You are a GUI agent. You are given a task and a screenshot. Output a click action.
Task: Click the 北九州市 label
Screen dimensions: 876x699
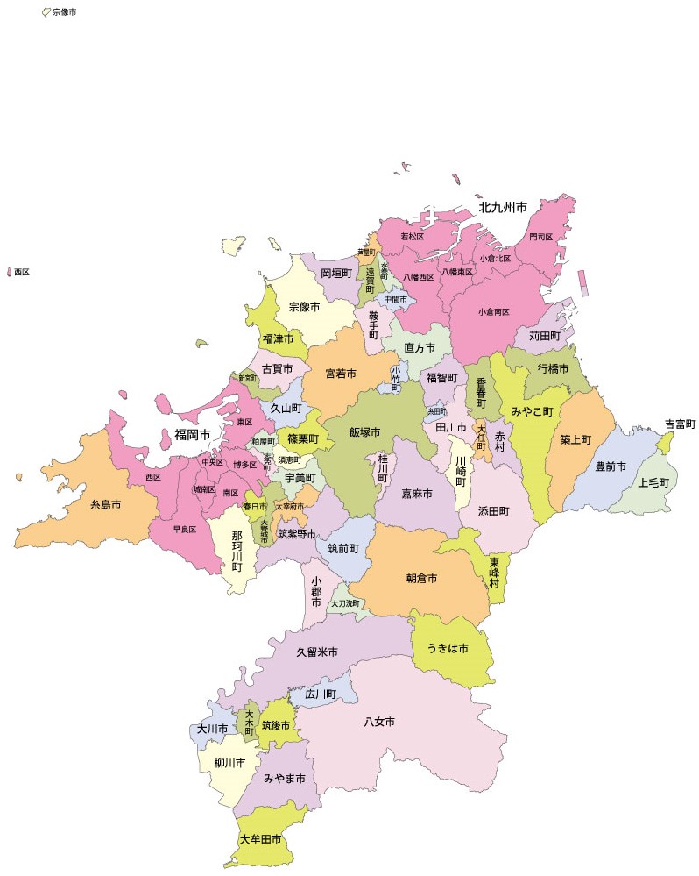point(502,209)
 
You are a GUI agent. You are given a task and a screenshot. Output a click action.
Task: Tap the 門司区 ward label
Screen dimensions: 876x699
point(540,238)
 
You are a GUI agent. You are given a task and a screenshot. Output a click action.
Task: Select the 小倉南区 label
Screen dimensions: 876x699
point(495,311)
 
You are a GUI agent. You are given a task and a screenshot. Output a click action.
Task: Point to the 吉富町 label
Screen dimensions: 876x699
point(680,424)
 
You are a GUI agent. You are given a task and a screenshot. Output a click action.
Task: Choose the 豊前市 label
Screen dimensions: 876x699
point(611,466)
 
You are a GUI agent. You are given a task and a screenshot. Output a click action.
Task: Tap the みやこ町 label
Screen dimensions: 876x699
point(533,410)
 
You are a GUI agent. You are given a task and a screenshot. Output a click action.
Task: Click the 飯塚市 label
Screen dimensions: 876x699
point(364,432)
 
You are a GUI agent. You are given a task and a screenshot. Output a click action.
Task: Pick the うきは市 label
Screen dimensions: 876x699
point(448,648)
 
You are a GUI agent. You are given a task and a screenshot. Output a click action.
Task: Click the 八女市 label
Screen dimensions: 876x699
point(379,722)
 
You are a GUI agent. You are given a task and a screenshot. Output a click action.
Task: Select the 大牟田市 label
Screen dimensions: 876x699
point(261,839)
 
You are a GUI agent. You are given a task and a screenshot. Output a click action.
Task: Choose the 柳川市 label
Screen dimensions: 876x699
point(229,762)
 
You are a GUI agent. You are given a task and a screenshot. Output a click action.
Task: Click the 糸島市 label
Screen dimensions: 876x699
point(105,505)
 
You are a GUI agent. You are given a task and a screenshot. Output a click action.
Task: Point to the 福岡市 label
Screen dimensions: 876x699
point(192,435)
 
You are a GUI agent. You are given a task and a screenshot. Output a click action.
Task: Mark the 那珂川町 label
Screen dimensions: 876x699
point(237,550)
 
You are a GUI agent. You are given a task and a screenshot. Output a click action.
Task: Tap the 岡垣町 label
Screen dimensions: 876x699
point(335,274)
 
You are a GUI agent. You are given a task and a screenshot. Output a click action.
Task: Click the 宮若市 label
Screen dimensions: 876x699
point(341,374)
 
